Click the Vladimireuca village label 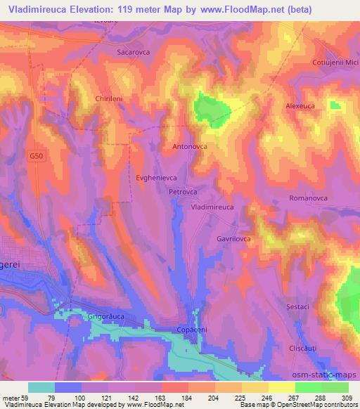(212, 208)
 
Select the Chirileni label (109, 99)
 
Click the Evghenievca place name (155, 178)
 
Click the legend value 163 (162, 398)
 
